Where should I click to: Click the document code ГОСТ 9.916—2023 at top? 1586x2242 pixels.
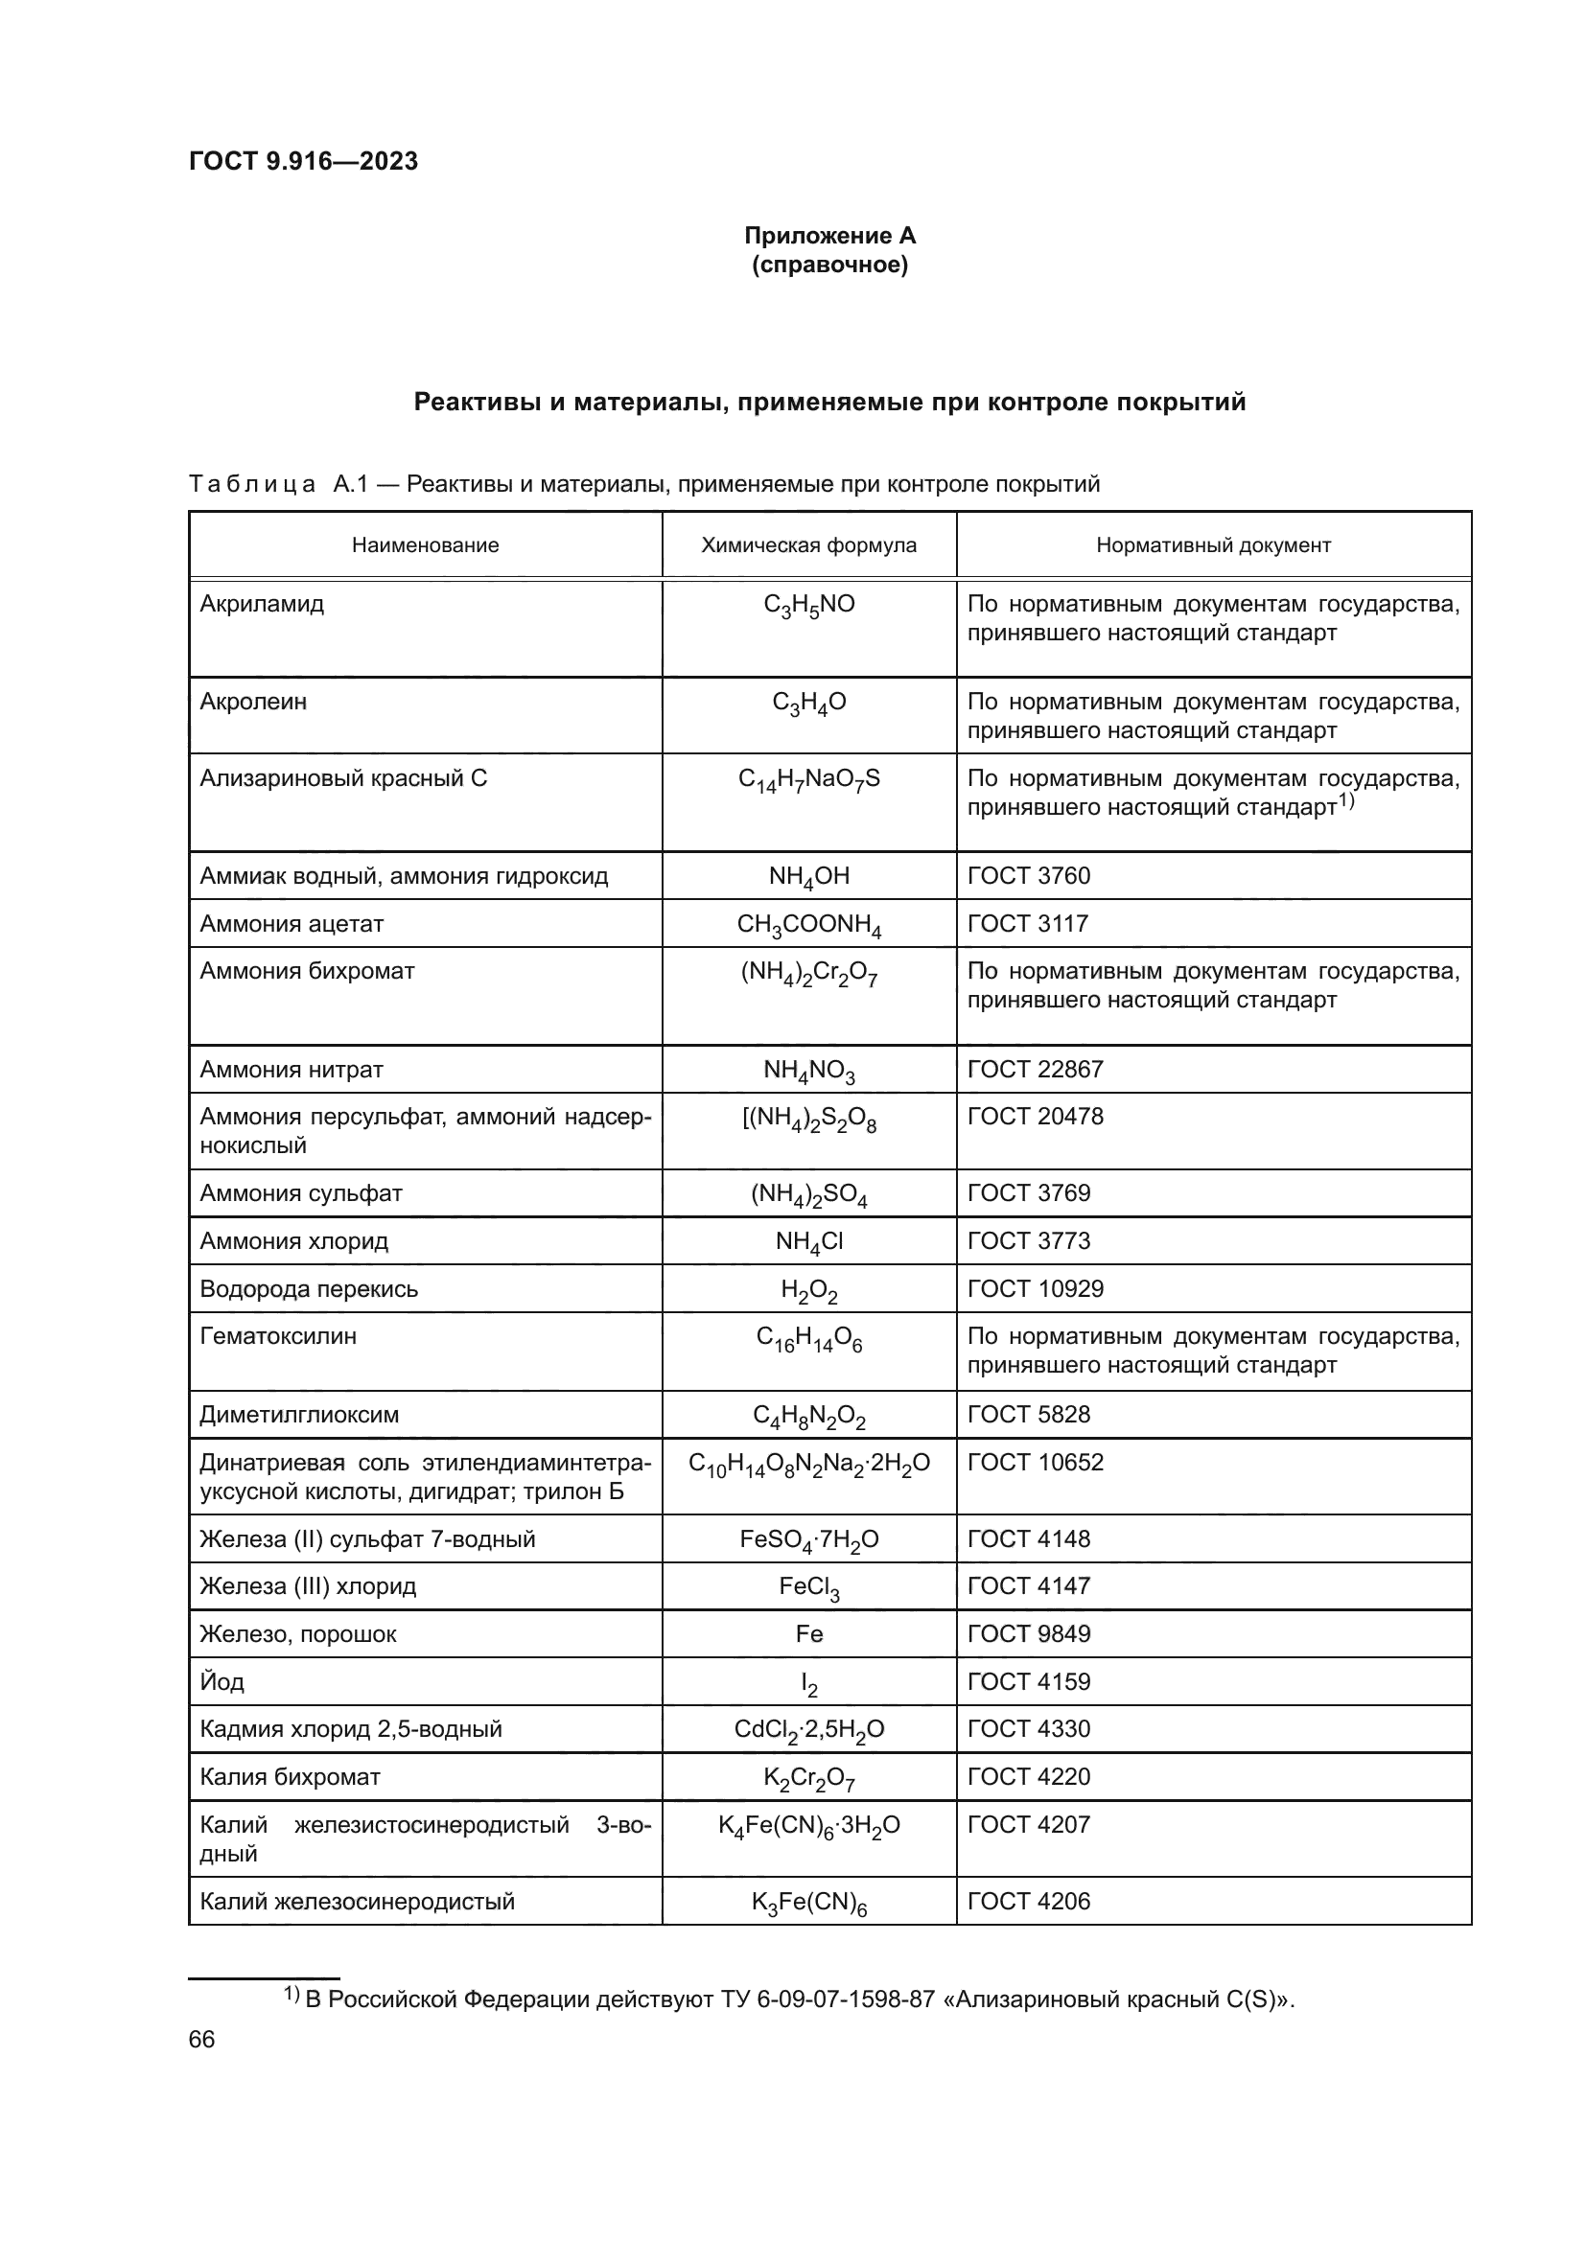point(303,161)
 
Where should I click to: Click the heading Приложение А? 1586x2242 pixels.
point(829,236)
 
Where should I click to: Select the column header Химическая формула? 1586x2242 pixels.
point(808,544)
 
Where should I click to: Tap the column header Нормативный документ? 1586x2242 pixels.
point(1213,544)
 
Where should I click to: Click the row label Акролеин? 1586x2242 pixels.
point(253,701)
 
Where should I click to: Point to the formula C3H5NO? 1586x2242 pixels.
point(808,606)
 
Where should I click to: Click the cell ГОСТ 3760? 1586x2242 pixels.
point(1028,875)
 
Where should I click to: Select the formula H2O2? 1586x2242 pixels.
point(808,1290)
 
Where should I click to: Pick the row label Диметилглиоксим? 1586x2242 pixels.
point(299,1414)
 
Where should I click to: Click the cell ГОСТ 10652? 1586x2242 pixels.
point(1036,1462)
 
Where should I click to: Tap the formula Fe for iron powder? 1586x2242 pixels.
point(808,1633)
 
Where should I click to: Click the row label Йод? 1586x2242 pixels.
point(222,1681)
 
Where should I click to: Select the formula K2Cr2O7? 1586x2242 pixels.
point(808,1778)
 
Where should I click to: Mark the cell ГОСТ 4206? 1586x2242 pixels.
point(1028,1900)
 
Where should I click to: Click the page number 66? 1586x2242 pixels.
point(201,2039)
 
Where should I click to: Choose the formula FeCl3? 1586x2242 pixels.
point(808,1587)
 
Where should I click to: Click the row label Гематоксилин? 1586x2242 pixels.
point(278,1336)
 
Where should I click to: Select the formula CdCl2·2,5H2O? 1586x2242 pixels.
point(808,1730)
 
